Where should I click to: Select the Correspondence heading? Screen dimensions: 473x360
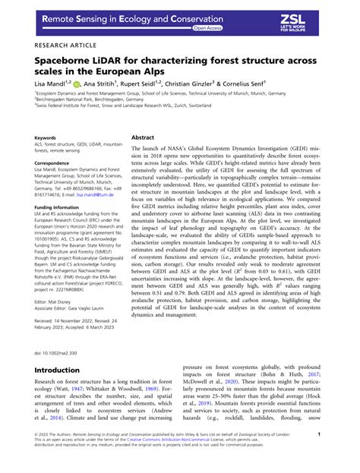click(x=55, y=162)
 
